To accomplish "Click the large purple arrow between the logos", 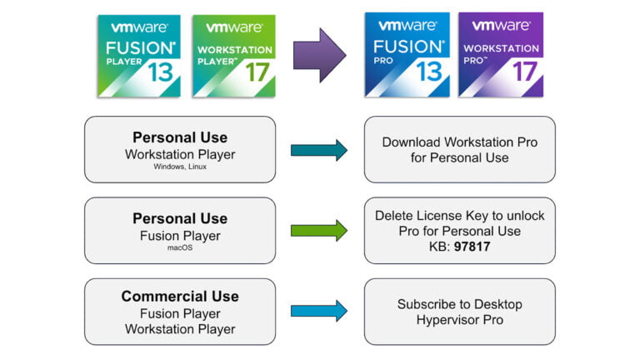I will [x=320, y=54].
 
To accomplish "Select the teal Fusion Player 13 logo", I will [x=138, y=55].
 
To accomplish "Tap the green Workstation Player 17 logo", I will [x=233, y=55].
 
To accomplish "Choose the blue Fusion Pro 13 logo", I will [x=407, y=54].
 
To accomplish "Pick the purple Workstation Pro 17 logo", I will [x=501, y=54].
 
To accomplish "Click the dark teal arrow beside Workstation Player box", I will [x=319, y=150].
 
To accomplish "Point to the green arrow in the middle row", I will [x=319, y=231].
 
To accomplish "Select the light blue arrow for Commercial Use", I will [x=319, y=311].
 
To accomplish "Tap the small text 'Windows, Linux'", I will [x=180, y=167].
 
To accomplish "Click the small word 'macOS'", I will [x=180, y=247].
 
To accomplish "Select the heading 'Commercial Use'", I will [x=180, y=296].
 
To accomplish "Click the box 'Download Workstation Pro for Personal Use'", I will [x=459, y=150].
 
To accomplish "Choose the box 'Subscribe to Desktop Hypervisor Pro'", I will [x=459, y=312].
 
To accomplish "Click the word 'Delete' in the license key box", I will [x=393, y=215].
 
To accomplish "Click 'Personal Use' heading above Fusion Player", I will [x=180, y=218].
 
